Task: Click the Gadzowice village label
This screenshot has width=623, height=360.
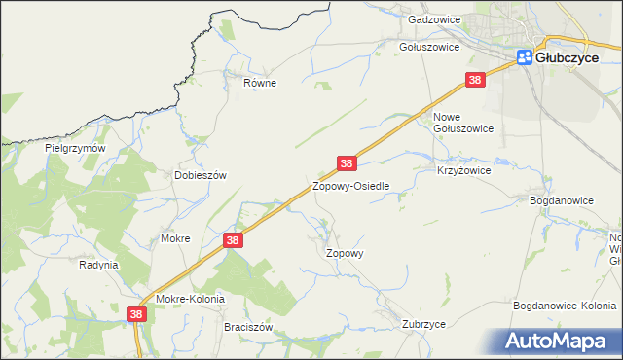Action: (434, 18)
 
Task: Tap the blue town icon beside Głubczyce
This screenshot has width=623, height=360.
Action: (525, 57)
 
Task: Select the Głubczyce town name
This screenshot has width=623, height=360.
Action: (568, 57)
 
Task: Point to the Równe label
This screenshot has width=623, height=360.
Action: (260, 83)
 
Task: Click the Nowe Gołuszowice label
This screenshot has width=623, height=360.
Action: (462, 121)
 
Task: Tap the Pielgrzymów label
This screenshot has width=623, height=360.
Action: (74, 148)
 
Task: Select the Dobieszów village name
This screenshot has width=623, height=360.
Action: (200, 175)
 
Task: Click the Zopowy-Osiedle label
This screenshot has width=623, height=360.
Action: (350, 185)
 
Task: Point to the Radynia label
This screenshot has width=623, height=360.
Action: (98, 264)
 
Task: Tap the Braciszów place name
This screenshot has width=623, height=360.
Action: (247, 328)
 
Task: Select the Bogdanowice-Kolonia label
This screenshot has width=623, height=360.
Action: (565, 306)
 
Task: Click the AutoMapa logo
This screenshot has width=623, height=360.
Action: (561, 341)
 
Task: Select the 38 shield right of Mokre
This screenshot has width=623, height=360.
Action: (232, 239)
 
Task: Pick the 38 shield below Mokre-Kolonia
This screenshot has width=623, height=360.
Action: (136, 314)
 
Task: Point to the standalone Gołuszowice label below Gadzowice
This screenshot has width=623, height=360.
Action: (429, 46)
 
